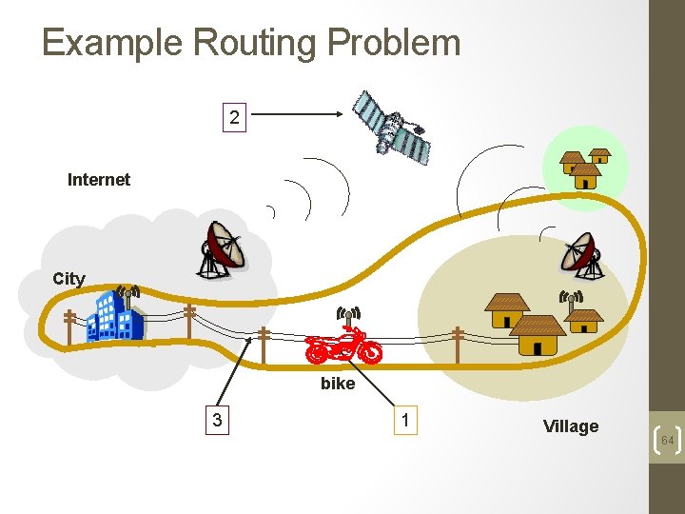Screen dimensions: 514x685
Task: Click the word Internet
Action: (99, 179)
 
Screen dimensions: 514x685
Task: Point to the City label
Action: (68, 279)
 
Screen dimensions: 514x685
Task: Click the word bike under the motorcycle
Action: (338, 384)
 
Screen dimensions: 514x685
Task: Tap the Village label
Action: (571, 426)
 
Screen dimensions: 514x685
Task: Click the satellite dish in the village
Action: (580, 254)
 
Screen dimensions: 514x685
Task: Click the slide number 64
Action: (667, 441)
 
